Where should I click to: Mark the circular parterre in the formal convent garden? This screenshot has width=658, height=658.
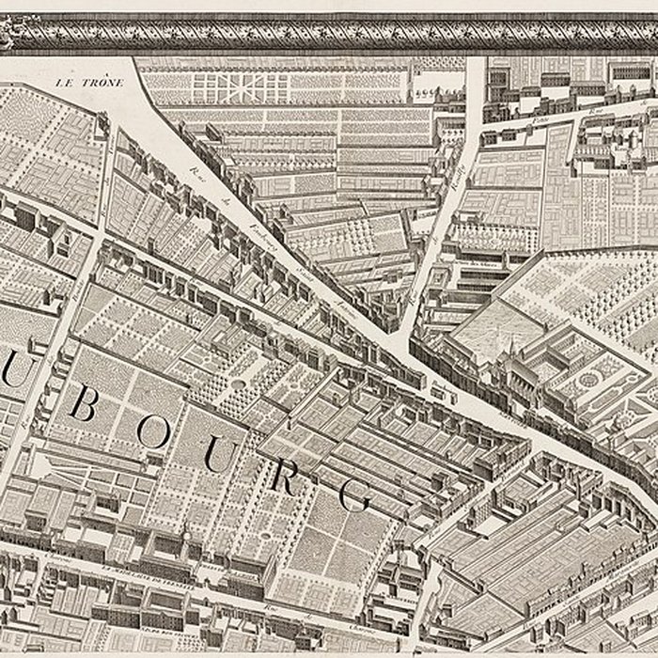(x=589, y=379)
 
